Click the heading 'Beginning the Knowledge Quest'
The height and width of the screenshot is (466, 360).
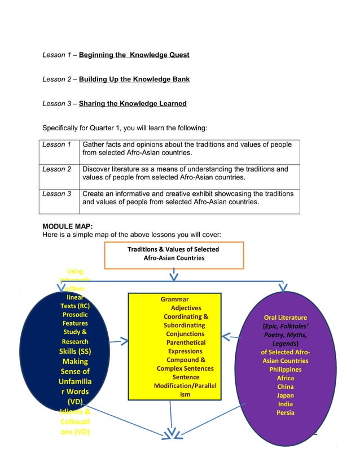134,55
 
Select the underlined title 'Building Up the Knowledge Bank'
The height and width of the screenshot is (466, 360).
134,80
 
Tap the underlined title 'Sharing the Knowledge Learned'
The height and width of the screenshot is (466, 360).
133,104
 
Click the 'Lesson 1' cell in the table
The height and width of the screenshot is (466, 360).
57,145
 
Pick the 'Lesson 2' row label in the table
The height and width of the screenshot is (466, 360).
57,169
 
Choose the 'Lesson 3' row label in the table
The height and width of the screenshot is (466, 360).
57,194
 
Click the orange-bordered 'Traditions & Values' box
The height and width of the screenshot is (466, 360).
173,254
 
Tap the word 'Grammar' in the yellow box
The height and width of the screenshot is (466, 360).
174,299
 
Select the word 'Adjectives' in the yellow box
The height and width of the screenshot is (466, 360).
186,308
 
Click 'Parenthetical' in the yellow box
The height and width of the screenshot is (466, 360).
186,342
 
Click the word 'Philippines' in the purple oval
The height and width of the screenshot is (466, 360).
285,370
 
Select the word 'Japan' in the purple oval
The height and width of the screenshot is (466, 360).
285,395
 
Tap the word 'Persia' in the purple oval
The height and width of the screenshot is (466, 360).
285,413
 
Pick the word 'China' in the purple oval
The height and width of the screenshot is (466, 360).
285,387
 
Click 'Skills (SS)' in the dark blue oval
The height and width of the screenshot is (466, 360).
75,351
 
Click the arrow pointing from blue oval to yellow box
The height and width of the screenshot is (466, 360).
118,341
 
